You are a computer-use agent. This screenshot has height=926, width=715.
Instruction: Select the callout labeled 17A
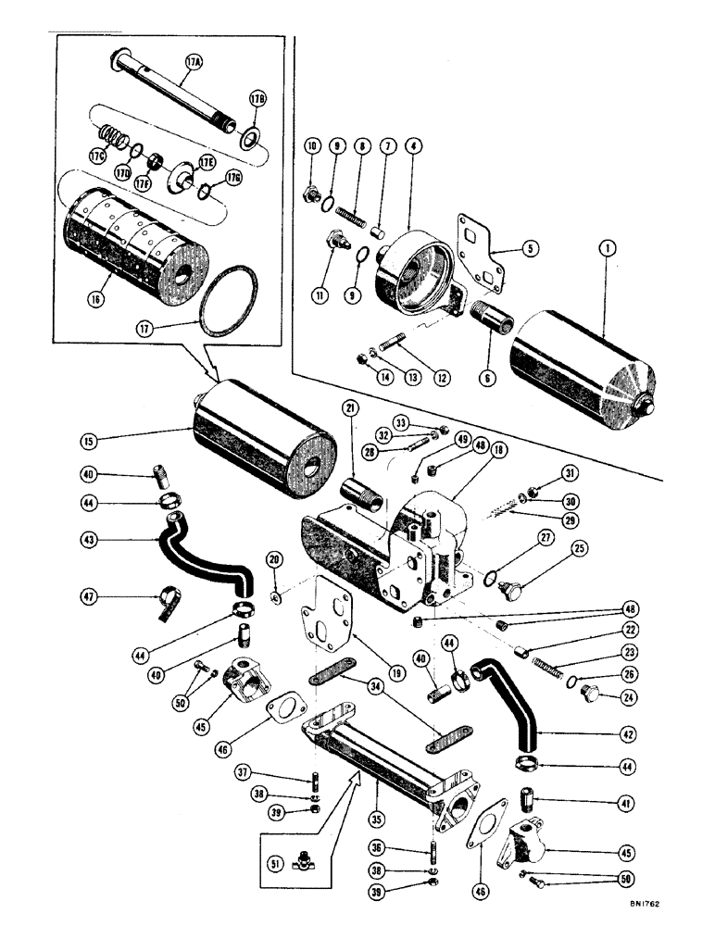tap(194, 64)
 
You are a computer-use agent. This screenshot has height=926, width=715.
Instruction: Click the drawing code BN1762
tap(678, 911)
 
